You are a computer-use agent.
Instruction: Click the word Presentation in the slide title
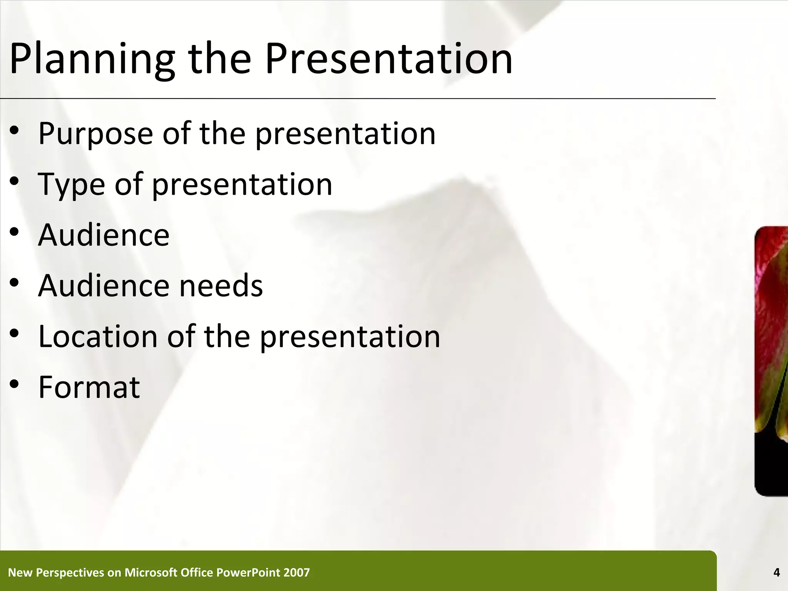point(389,58)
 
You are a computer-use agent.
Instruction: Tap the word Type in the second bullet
point(71,185)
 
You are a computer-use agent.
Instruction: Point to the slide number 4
point(776,573)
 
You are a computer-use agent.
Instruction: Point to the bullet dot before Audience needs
point(15,283)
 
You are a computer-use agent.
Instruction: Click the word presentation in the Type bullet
point(242,185)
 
